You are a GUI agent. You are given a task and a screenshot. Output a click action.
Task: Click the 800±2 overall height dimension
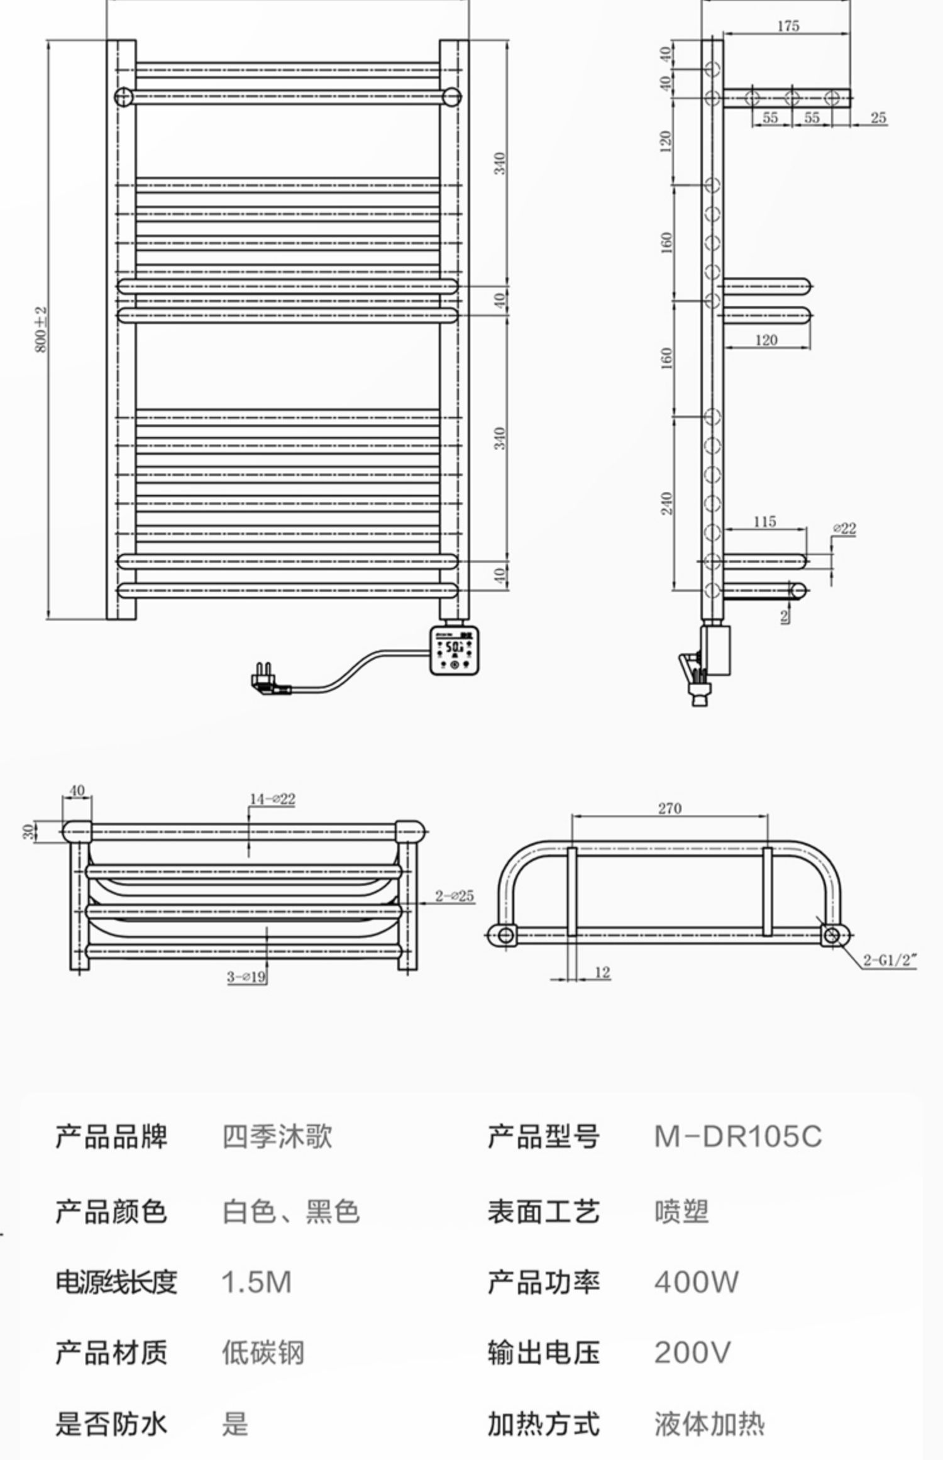point(41,329)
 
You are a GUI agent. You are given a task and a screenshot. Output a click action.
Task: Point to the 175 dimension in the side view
point(788,26)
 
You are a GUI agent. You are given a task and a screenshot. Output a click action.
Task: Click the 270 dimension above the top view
point(670,808)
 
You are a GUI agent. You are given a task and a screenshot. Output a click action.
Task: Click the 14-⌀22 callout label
point(273,799)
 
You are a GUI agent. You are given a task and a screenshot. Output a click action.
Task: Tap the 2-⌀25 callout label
point(455,896)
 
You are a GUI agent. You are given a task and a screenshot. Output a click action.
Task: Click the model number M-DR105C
point(737,1136)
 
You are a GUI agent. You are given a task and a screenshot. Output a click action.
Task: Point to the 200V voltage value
point(692,1352)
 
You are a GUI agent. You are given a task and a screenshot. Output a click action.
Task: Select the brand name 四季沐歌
point(277,1136)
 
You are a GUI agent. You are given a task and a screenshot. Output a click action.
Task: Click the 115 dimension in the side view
point(764,521)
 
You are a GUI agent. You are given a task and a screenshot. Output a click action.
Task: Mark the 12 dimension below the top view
point(602,973)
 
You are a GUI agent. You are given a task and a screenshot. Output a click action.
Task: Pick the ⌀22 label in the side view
point(844,528)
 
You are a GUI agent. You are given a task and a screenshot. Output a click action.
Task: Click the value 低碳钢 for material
point(263,1352)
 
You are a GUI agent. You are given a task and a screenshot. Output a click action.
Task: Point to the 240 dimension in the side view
point(666,503)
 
